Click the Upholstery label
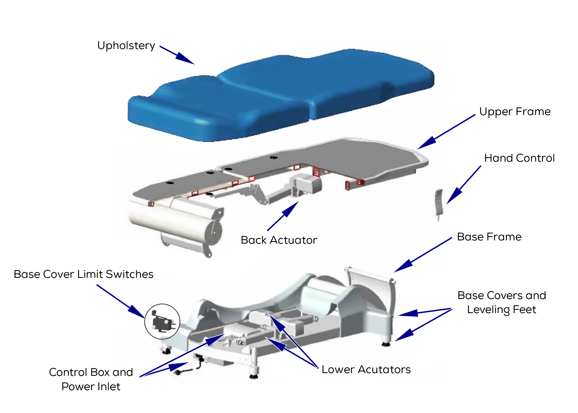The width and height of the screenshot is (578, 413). coord(126,46)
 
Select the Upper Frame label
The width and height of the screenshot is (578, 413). coord(515,112)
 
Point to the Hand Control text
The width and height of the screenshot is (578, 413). coord(519,158)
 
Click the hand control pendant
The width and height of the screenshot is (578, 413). coord(439,204)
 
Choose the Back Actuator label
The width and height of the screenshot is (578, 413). coord(279,240)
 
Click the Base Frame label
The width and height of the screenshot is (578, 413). coord(489,237)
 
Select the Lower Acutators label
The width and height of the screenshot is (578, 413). coord(366,369)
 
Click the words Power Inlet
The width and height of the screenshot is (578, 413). coord(91,387)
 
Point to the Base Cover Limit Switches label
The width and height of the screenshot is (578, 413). coord(83,274)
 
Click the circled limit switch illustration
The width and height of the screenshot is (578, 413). coord(162,322)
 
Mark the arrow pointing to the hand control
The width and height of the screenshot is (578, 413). coord(464,185)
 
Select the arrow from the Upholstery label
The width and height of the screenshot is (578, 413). coord(177,55)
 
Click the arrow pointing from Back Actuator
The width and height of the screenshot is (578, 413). coord(283,216)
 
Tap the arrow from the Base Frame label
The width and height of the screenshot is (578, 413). coord(423,255)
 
